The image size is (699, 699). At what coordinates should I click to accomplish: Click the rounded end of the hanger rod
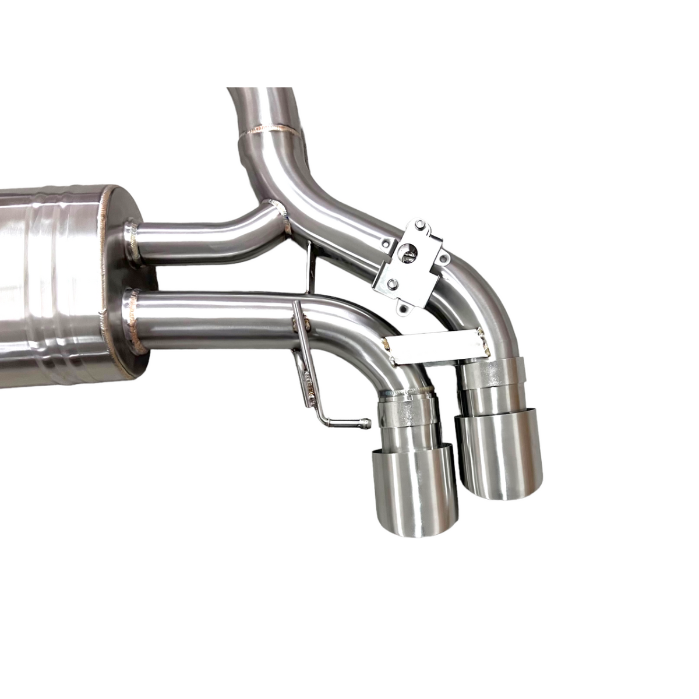[x=365, y=423]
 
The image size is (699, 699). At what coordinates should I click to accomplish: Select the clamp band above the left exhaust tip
[x=408, y=412]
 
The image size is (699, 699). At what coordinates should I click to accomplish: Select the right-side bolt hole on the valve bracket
[x=446, y=256]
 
